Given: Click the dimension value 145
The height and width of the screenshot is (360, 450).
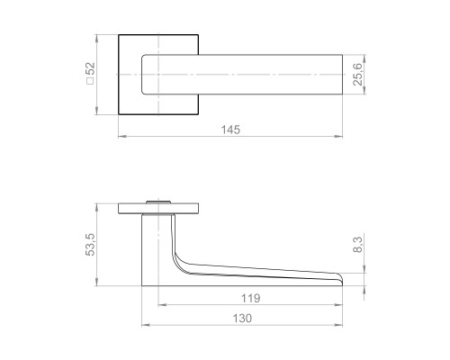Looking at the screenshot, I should [x=230, y=129].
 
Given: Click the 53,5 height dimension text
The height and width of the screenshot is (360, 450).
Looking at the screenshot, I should [x=91, y=245].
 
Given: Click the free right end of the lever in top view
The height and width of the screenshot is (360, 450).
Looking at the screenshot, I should [x=341, y=74].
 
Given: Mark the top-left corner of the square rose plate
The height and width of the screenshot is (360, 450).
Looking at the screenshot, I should [x=119, y=35].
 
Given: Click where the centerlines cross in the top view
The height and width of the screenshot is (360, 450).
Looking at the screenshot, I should [x=159, y=74].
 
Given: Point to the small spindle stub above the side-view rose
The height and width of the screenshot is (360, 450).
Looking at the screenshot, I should [x=159, y=199].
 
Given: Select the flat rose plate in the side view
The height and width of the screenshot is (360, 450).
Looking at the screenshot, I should [x=159, y=210].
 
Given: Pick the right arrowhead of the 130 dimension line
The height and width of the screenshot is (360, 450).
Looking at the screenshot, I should [x=341, y=326].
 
